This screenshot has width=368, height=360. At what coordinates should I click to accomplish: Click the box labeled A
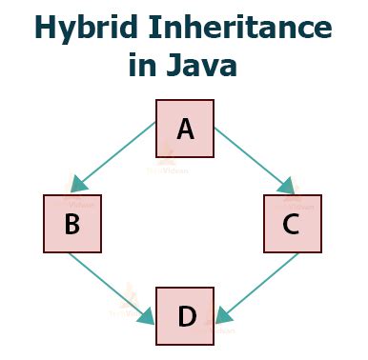pyautogui.click(x=185, y=127)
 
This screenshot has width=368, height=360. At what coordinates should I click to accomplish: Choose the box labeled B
pyautogui.click(x=71, y=224)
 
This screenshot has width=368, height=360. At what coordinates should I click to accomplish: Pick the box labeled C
pyautogui.click(x=293, y=224)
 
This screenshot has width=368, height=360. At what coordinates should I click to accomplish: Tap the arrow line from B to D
pyautogui.click(x=110, y=285)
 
